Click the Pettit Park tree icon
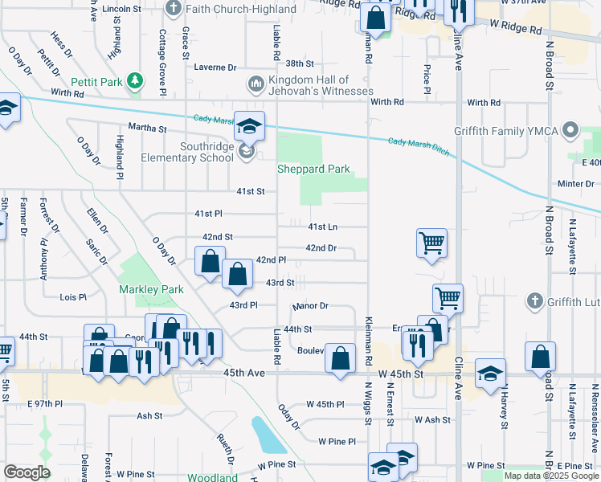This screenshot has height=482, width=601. pyautogui.click(x=136, y=81)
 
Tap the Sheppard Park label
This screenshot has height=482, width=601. pyautogui.click(x=313, y=170)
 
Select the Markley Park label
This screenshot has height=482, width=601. pyautogui.click(x=151, y=289)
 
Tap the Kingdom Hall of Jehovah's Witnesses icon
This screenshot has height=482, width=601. pyautogui.click(x=256, y=84)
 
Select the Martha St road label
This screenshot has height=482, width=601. pyautogui.click(x=146, y=128)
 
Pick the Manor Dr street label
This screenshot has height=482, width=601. pyautogui.click(x=312, y=306)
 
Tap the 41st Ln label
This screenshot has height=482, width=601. pyautogui.click(x=322, y=227)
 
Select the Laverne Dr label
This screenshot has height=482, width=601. pyautogui.click(x=215, y=68)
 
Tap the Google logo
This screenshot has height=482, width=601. pyautogui.click(x=27, y=472)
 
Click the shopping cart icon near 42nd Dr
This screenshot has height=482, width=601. pyautogui.click(x=432, y=243)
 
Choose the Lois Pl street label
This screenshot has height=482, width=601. pyautogui.click(x=73, y=297)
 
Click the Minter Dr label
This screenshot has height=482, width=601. pyautogui.click(x=575, y=184)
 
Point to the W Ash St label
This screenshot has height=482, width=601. pyautogui.click(x=432, y=420)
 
